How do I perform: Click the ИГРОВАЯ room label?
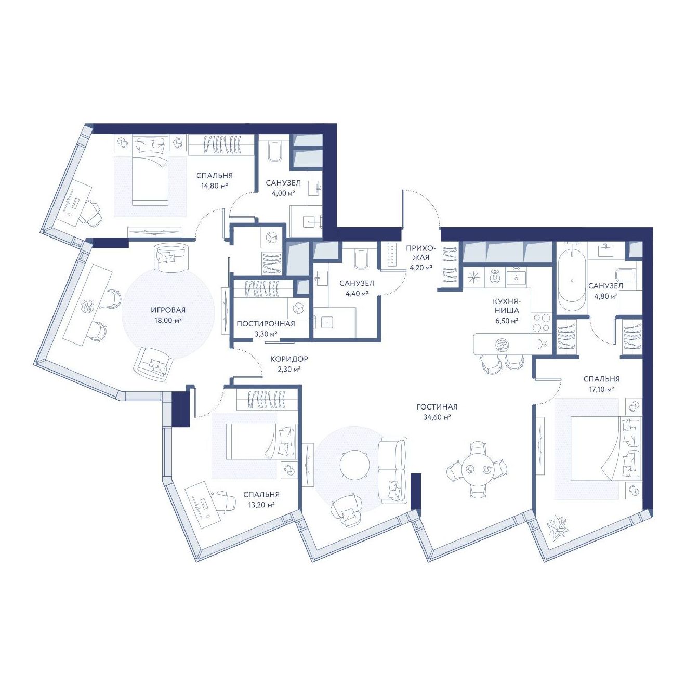click(x=169, y=310)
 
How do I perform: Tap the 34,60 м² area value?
click(x=437, y=417)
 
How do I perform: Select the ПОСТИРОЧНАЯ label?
click(x=265, y=323)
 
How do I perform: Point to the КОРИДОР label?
click(x=289, y=359)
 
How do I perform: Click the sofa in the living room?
click(x=393, y=470)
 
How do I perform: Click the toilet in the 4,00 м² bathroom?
click(x=275, y=150)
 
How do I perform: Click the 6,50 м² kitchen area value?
click(x=507, y=321)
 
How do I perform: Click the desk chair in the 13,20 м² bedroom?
click(x=225, y=502)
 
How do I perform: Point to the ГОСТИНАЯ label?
click(x=437, y=407)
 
